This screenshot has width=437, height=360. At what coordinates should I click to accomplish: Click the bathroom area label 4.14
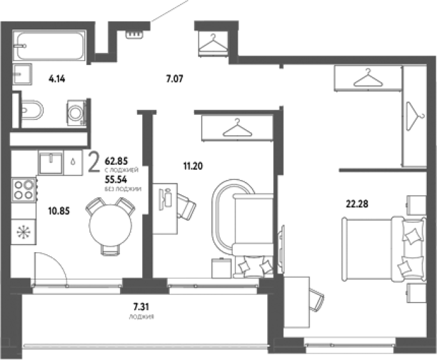[x=57, y=79]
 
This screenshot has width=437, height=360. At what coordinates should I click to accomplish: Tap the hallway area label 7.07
[x=175, y=79]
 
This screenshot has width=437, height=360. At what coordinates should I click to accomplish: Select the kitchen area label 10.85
[x=59, y=211]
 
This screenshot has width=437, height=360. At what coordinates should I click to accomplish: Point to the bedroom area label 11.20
[x=193, y=166]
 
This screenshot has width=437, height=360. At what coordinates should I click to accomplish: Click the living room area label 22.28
[x=357, y=204]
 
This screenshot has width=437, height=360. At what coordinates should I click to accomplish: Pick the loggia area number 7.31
[x=141, y=307]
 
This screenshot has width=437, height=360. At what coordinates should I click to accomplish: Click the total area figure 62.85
[x=116, y=161]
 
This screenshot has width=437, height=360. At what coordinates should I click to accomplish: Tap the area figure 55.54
[x=115, y=179]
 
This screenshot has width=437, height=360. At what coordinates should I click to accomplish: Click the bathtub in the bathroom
[x=50, y=46]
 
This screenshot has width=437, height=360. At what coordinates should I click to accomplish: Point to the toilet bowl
[x=32, y=110]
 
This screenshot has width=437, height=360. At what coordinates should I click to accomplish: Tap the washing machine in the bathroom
[x=76, y=113]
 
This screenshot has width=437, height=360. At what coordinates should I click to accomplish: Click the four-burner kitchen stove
[x=24, y=190]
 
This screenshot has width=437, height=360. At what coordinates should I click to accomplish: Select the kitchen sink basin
[x=51, y=163]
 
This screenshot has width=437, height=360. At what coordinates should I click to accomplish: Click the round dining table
[x=110, y=225]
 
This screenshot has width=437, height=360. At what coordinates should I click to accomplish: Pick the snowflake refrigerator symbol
[x=24, y=232]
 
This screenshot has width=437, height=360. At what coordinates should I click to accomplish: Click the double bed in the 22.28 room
[x=384, y=250]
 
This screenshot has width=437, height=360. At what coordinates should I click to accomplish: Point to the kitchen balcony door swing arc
[x=59, y=261]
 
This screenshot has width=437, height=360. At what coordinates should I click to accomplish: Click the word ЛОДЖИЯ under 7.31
[x=141, y=317]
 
